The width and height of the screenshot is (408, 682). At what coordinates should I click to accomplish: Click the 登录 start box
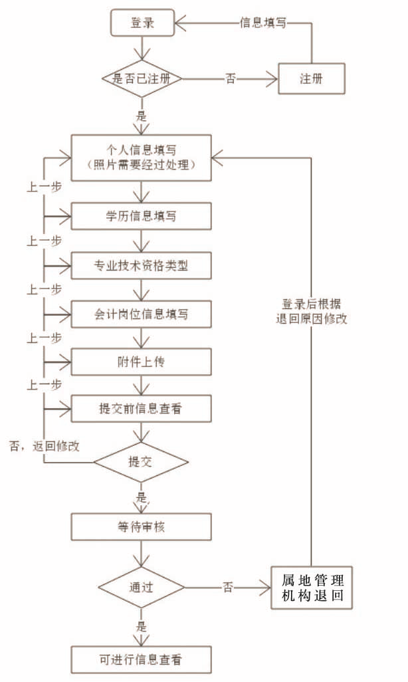point(142,23)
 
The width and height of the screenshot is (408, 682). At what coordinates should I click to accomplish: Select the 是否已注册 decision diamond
point(142,78)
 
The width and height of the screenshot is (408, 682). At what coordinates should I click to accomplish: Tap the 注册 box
point(312,78)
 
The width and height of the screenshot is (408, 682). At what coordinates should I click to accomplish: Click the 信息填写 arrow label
point(263,23)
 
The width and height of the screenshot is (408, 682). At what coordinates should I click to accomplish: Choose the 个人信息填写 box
point(142,158)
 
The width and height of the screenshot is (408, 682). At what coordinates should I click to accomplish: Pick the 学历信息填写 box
point(142,216)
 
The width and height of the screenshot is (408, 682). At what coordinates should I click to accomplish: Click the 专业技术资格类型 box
point(142,265)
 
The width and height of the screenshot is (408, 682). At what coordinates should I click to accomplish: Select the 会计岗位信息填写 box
point(142,313)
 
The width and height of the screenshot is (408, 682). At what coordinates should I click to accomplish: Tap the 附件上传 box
point(142,361)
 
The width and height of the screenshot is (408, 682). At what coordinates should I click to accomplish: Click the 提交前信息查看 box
point(142,409)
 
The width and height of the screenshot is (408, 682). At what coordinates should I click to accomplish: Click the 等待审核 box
point(142,526)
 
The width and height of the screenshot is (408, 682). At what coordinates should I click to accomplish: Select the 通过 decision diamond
point(141,588)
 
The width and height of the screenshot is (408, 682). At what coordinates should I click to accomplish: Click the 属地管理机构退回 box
point(312,588)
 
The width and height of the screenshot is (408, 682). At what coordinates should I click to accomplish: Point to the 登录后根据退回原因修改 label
point(311,310)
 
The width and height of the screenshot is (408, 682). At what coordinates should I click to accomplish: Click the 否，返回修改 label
point(45,445)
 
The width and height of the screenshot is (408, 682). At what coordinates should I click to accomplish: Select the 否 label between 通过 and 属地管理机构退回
point(228,588)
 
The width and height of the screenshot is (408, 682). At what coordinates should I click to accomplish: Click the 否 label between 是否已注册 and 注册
point(231,78)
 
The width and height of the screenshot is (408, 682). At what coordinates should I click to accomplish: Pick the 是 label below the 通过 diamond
point(141,626)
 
